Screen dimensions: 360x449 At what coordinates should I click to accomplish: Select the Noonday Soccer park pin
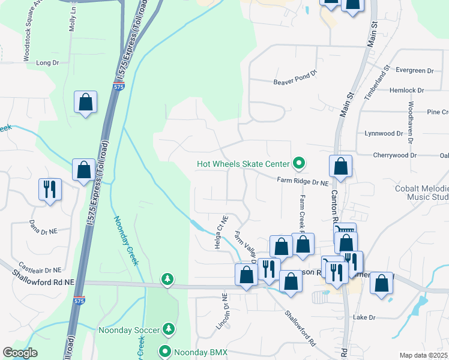pyautogui.click(x=170, y=329)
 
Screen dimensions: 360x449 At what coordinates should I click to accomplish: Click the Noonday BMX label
pyautogui.click(x=200, y=352)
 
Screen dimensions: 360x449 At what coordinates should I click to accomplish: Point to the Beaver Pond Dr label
pyautogui.click(x=295, y=82)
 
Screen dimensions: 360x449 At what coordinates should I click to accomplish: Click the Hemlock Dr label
pyautogui.click(x=407, y=91)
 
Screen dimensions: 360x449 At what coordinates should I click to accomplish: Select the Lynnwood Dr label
pyautogui.click(x=383, y=133)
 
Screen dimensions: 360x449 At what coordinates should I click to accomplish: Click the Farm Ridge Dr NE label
pyautogui.click(x=303, y=180)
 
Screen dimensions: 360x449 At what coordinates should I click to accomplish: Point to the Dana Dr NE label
pyautogui.click(x=43, y=226)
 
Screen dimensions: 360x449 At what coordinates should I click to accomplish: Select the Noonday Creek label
pyautogui.click(x=125, y=240)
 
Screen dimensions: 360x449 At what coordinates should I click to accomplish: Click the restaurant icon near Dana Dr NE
pyautogui.click(x=49, y=189)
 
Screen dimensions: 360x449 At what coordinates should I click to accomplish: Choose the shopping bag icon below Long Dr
pyautogui.click(x=85, y=102)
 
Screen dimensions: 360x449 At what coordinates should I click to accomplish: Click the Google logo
pyautogui.click(x=20, y=353)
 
